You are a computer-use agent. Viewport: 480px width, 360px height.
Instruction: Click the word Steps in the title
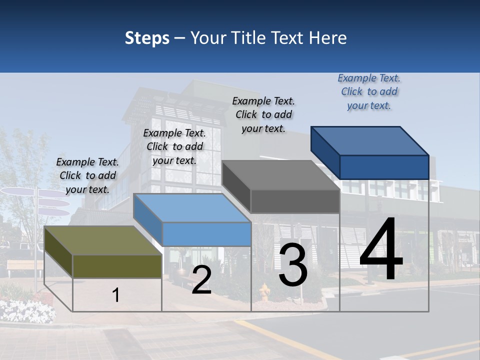click(147, 38)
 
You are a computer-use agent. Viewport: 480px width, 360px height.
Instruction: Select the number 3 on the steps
click(293, 266)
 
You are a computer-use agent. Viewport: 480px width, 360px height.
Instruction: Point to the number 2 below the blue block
click(201, 280)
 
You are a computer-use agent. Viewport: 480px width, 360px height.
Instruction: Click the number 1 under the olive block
click(116, 295)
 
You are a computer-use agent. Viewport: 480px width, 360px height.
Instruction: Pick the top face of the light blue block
click(192, 208)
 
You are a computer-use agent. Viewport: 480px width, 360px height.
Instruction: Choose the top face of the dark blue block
click(370, 141)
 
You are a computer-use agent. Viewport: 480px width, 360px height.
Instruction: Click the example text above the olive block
click(87, 175)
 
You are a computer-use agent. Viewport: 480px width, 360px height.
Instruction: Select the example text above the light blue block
click(174, 146)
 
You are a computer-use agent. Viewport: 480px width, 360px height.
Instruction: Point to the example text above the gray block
click(263, 114)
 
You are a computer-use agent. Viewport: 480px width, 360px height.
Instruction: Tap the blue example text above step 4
click(369, 91)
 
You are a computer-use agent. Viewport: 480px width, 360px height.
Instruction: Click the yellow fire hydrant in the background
click(264, 292)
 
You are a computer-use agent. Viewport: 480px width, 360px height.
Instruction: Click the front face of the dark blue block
click(384, 167)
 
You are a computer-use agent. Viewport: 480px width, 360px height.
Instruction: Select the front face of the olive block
click(117, 266)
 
